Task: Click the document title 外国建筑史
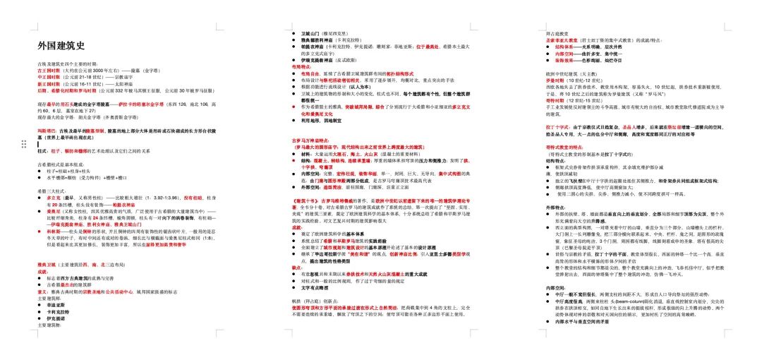[62, 46]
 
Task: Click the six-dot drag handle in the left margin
[24, 144]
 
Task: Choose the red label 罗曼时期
[555, 80]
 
